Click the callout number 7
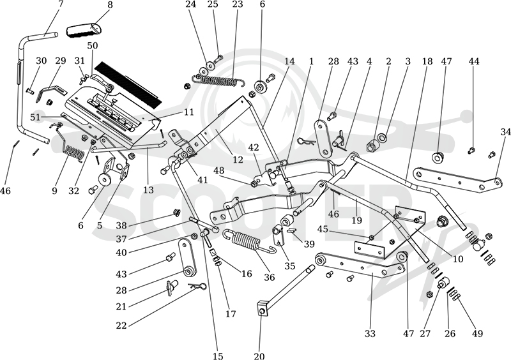[61, 4]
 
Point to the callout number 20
[259, 356]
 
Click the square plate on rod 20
[263, 308]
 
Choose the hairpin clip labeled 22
[198, 286]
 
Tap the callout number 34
[505, 132]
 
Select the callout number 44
[474, 61]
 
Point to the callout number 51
[35, 117]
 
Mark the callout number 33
[370, 333]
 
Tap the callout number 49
[477, 333]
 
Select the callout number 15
[218, 356]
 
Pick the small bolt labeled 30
[30, 91]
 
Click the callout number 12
[238, 160]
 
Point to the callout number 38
[121, 225]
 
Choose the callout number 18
[427, 61]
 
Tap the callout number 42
[254, 147]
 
